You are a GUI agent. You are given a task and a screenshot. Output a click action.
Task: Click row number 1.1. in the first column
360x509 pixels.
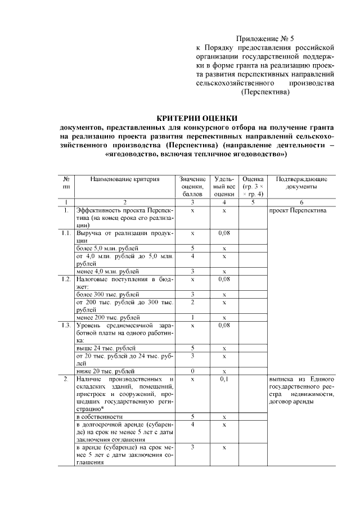(66, 232)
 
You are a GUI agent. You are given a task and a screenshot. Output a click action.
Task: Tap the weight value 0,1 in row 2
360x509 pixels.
(224, 379)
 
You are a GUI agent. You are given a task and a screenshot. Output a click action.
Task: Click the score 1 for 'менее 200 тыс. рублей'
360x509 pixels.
(192, 317)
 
